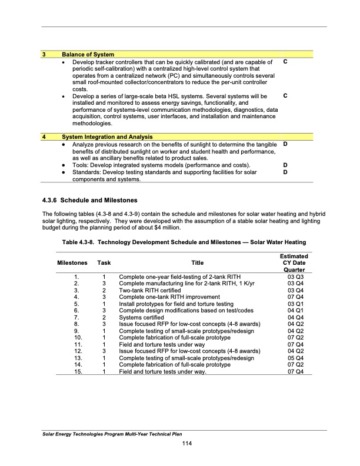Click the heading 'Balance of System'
88,55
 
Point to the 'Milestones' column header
72,262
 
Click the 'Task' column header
104,262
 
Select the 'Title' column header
194,262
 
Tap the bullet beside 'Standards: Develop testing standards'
64,172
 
